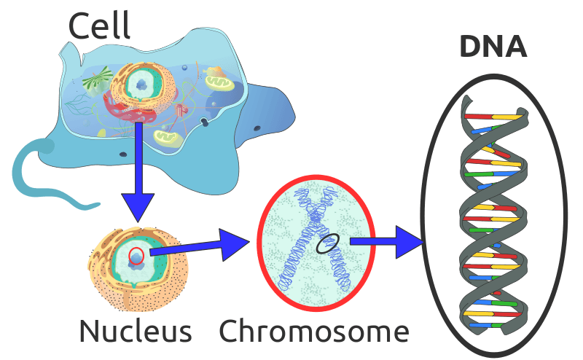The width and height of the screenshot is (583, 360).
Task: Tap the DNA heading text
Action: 493,46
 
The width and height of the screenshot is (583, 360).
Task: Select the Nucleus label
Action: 136,331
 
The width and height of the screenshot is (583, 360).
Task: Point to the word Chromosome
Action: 313,332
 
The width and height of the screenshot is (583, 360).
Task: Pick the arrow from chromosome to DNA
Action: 386,241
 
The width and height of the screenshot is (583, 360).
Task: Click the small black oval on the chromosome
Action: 327,243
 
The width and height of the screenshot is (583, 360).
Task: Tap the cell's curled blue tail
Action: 36,175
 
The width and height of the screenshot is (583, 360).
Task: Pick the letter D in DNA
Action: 471,46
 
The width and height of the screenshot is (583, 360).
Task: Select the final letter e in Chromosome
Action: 398,333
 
